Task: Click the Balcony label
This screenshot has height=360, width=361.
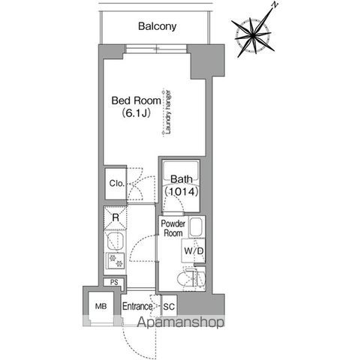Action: (157, 26)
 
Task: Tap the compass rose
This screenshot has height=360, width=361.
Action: (253, 35)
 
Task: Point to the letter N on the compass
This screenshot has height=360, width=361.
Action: (275, 4)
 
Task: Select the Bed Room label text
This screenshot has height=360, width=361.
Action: (136, 100)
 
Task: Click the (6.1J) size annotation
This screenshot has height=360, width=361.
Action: (136, 113)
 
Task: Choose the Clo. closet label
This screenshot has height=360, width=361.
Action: (117, 184)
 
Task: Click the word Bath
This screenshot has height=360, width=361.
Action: (182, 179)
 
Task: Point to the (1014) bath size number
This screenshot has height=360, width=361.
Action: (182, 192)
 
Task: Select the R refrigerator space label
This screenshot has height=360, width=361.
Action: (116, 217)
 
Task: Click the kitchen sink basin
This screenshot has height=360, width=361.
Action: (116, 241)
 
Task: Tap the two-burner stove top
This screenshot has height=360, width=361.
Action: (116, 261)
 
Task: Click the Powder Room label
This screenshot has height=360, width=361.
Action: (173, 228)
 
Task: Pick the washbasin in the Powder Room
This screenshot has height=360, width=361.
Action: (197, 227)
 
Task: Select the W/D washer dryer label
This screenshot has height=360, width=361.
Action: (194, 250)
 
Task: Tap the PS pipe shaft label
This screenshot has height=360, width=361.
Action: (114, 283)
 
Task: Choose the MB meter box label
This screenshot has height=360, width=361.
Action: (101, 306)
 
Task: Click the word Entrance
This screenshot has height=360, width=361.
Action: (137, 306)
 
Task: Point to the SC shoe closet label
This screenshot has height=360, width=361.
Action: (169, 307)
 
